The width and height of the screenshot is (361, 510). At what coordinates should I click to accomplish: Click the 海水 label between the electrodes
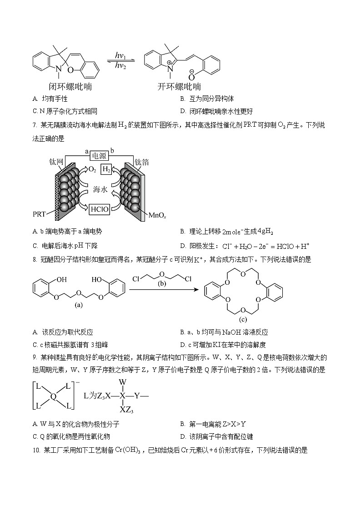coord(100,190)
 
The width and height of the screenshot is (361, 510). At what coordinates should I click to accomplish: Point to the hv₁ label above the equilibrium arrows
coord(120,55)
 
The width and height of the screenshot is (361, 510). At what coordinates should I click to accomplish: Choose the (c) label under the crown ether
coord(243,319)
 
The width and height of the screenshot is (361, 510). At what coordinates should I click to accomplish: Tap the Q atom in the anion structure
coord(53,396)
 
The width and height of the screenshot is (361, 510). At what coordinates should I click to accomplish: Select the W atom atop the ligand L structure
coord(122,382)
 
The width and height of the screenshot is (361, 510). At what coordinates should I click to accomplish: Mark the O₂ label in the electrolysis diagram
coord(92,169)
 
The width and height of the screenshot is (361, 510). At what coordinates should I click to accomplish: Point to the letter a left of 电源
coord(86,152)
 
